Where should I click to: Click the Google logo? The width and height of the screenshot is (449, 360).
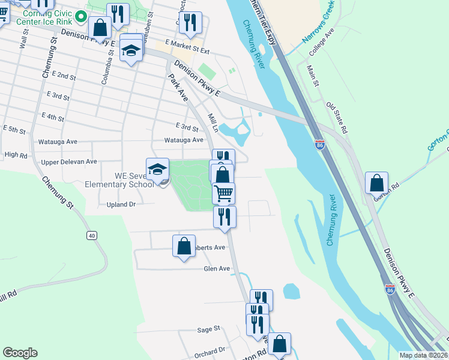point(20,353)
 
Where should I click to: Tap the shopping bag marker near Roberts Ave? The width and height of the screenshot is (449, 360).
point(184,245)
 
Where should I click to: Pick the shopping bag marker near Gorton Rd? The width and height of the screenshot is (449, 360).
point(377,182)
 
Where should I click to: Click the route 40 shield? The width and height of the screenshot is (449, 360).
point(91,235)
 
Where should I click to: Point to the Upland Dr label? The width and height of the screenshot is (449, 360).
point(121,205)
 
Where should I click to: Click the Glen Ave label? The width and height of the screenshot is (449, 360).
point(217,269)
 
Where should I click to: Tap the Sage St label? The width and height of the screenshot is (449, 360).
point(209,329)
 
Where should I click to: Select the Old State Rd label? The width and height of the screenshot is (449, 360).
point(337,118)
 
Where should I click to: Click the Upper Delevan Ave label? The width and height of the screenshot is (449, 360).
point(69,162)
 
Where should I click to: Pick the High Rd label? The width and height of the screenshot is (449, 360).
point(16,155)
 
